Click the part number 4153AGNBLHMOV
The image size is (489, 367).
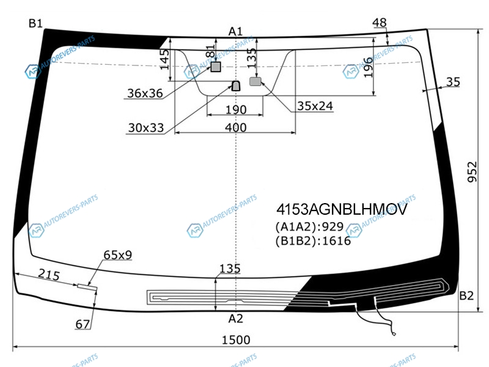(x=341, y=210)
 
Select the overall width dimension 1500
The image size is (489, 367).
(x=236, y=340)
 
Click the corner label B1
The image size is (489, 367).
(x=35, y=24)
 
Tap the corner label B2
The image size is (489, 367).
(x=466, y=296)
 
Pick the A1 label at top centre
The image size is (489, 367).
(x=236, y=31)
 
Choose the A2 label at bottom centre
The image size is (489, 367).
(x=236, y=318)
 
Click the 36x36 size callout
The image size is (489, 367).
(x=145, y=94)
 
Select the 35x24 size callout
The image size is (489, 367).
(x=315, y=106)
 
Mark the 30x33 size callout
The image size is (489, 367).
(x=146, y=128)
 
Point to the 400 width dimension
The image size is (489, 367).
(x=236, y=127)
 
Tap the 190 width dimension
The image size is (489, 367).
(x=236, y=110)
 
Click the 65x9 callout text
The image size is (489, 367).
(x=118, y=254)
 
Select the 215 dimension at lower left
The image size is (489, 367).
(x=48, y=275)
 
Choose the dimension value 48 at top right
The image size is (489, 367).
(x=380, y=23)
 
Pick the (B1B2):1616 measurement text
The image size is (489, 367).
(x=313, y=240)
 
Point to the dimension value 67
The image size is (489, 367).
(x=83, y=324)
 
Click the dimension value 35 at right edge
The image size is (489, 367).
(x=453, y=81)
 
